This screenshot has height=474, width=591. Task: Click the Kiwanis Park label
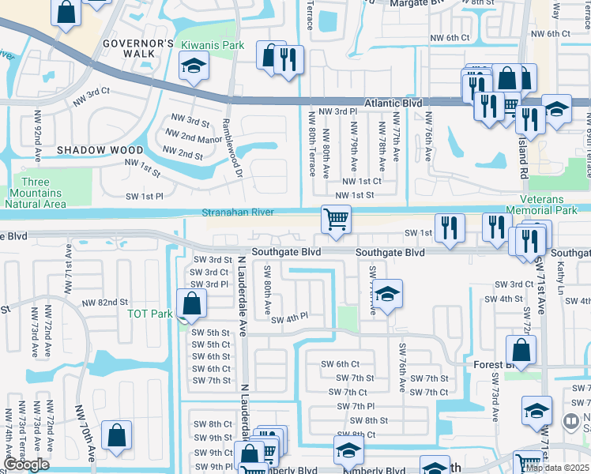point(212,45)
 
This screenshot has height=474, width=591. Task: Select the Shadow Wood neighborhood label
point(100,150)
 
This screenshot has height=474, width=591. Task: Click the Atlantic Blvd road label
point(393,103)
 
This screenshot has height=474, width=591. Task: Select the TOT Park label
point(150,314)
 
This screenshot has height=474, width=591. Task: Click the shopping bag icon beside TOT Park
point(191,303)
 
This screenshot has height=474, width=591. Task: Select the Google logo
point(26,465)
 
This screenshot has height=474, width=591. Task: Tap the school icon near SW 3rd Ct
point(386,295)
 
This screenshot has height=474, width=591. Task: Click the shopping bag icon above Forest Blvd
point(521,349)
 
